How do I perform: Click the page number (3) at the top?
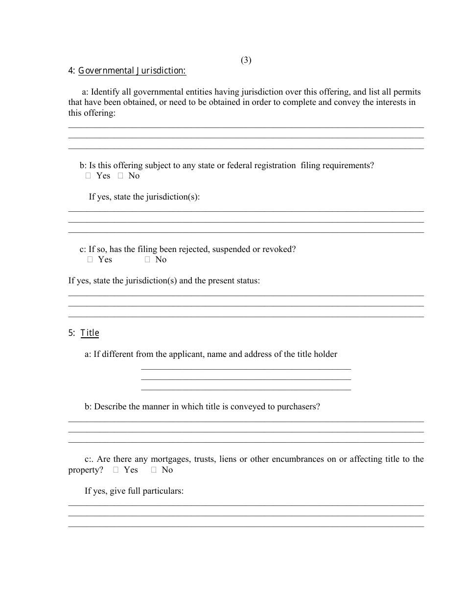246,60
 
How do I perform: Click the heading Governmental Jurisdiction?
132,71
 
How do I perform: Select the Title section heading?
90,333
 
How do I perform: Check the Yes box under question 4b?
89,176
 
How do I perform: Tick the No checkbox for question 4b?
120,176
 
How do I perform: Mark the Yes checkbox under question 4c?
90,260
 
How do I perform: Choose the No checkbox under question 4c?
147,260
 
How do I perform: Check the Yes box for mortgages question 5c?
116,470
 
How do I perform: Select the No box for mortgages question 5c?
154,470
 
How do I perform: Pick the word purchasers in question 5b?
298,406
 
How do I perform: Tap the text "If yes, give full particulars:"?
134,491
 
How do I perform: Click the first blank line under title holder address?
246,368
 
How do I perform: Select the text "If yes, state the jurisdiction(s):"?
144,197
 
